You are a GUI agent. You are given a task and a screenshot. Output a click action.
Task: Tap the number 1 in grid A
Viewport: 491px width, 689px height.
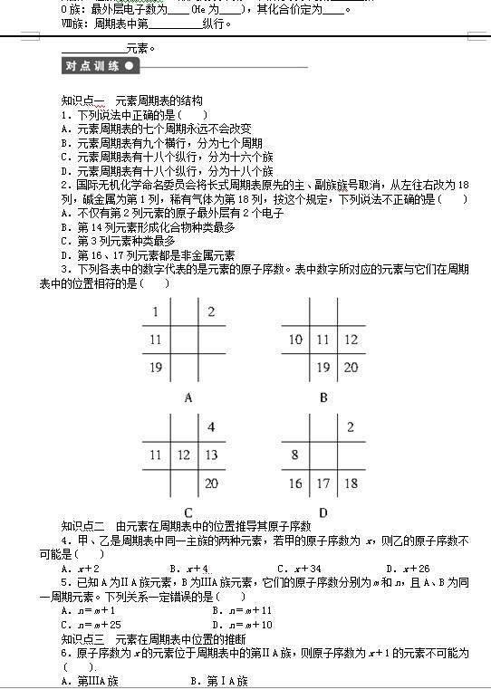156,312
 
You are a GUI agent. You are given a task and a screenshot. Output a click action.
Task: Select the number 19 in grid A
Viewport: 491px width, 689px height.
156,368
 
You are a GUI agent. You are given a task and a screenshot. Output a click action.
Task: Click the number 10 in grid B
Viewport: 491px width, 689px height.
295,340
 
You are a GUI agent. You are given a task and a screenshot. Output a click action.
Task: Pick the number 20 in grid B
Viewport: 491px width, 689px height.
350,368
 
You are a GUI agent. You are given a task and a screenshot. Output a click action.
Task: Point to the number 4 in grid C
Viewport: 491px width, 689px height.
211,427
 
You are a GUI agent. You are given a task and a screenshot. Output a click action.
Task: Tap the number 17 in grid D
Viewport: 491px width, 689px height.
323,483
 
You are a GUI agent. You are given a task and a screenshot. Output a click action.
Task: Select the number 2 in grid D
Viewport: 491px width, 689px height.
350,427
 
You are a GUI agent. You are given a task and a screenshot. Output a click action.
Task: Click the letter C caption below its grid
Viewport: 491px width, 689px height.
188,512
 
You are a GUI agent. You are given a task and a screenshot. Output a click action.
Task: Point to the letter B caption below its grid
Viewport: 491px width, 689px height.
323,397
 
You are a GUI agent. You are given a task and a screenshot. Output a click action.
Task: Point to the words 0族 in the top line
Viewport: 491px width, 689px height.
70,9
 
